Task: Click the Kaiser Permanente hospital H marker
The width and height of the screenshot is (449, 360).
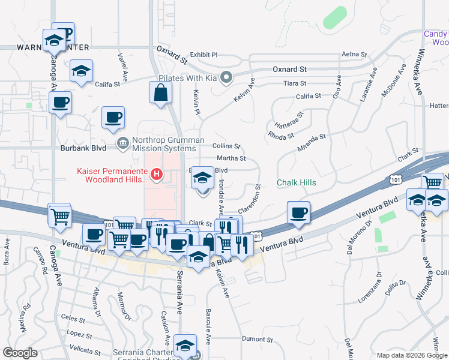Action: click(157, 175)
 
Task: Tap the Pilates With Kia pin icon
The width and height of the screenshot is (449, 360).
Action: click(226, 78)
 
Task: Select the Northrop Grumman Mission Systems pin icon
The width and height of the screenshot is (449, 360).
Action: click(122, 142)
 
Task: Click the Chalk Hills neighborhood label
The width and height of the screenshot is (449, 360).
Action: click(296, 182)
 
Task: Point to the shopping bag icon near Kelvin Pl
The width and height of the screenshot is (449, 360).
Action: click(161, 93)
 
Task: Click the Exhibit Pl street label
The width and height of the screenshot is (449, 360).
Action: click(203, 55)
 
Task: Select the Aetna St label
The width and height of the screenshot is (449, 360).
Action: click(354, 55)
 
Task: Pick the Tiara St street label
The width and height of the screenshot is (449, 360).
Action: click(294, 83)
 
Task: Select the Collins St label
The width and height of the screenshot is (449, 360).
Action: click(227, 146)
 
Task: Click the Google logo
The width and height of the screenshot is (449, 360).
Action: click(20, 352)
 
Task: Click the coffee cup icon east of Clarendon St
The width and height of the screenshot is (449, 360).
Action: click(298, 213)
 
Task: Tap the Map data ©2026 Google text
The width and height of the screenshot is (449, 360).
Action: click(411, 355)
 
